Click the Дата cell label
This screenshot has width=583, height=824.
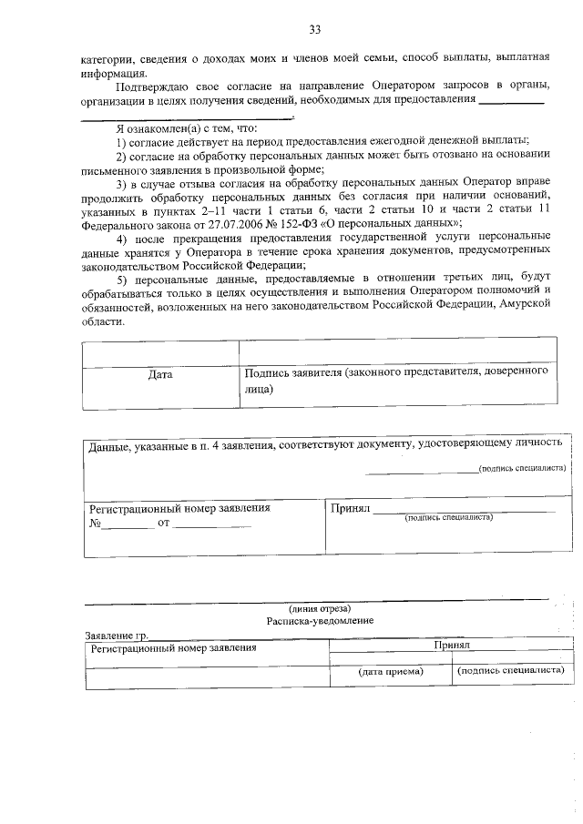click(x=160, y=373)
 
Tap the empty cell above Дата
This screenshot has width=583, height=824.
click(x=160, y=352)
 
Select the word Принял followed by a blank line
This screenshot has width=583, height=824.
click(x=351, y=509)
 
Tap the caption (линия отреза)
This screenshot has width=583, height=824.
click(x=320, y=607)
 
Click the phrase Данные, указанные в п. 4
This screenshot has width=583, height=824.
click(x=155, y=445)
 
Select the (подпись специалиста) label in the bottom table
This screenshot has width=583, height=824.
click(x=510, y=671)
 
